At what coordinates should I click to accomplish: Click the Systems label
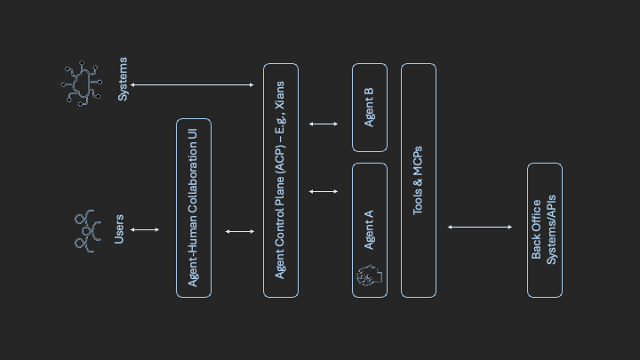point(123,79)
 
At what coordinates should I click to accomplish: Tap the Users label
point(119,229)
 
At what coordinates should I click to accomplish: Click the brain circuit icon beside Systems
point(82,84)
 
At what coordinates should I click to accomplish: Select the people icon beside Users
point(85,231)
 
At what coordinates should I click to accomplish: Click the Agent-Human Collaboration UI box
point(193,207)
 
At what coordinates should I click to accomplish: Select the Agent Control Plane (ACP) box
point(280,180)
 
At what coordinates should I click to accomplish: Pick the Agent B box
point(369,107)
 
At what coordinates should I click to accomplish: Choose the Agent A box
point(369,229)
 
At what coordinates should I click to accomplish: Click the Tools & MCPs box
point(418,180)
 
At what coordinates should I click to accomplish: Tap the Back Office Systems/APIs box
point(544,229)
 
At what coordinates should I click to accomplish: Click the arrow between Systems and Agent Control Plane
point(192,85)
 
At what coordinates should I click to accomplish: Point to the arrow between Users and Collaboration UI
point(145,230)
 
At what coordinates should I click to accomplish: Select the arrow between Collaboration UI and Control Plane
point(239,231)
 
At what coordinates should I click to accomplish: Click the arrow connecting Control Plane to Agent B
point(324,124)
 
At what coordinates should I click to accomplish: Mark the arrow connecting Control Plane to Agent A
point(324,191)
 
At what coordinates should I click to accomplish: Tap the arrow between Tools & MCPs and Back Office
point(480,228)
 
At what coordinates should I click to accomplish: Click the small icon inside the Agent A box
point(369,277)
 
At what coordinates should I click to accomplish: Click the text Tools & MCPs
point(418,180)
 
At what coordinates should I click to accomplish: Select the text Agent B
point(369,107)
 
